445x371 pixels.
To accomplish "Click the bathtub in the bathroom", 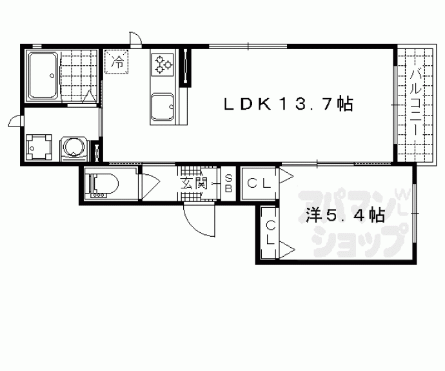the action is click(x=43, y=75).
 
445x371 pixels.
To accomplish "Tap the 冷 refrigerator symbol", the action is click(x=117, y=62).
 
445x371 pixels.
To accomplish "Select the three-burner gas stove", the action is click(x=162, y=65).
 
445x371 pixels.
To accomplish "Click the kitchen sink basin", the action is click(x=163, y=107).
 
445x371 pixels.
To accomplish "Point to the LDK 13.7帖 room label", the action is click(x=289, y=104).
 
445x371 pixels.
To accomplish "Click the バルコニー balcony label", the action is click(x=417, y=105).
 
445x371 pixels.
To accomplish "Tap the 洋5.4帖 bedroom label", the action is click(x=345, y=216).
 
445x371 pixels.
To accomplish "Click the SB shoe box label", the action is click(x=228, y=183).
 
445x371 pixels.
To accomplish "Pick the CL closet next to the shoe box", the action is click(x=259, y=183).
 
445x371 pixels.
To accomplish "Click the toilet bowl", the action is click(x=104, y=183).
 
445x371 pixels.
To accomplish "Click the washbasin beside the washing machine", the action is click(x=39, y=147).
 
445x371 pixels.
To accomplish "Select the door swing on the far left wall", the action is click(x=15, y=121).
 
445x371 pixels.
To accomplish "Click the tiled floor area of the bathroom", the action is click(x=79, y=75).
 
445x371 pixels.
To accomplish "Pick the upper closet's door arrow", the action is click(x=286, y=176).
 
